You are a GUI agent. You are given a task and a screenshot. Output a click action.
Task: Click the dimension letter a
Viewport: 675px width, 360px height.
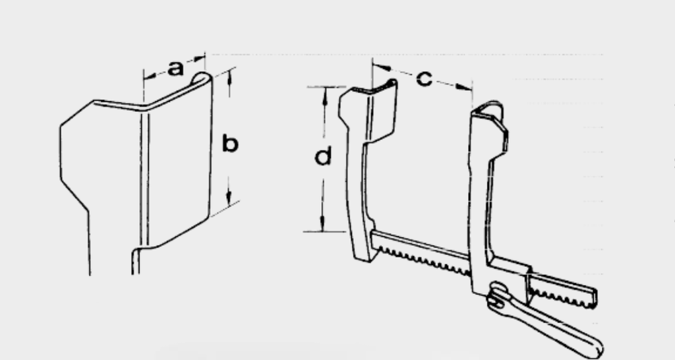(x=175, y=69)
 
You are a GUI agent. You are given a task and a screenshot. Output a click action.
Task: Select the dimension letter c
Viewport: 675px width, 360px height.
(x=424, y=79)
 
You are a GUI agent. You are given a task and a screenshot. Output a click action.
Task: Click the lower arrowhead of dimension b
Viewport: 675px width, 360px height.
(x=229, y=197)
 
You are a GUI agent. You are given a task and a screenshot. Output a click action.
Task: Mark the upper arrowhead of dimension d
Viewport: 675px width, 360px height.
(x=325, y=95)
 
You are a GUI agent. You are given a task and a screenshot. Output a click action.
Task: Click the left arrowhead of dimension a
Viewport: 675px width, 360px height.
(x=150, y=76)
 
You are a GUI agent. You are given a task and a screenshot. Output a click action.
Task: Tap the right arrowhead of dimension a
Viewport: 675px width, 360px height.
(x=199, y=58)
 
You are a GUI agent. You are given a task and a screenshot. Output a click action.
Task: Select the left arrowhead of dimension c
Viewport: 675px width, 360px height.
(x=382, y=67)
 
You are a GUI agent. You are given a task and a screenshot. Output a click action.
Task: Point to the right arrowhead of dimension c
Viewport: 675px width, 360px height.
(x=464, y=88)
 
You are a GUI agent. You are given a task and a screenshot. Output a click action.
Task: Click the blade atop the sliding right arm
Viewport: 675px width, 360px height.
(x=490, y=127)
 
